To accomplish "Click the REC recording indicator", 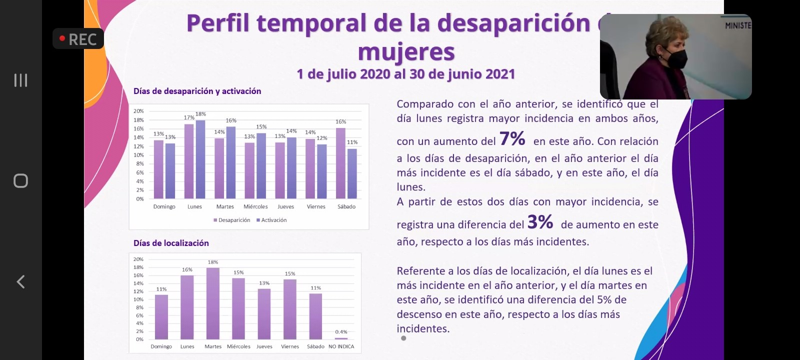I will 78,39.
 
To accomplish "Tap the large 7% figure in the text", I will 512,138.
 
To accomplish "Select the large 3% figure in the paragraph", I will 540,221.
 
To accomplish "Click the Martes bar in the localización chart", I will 213,304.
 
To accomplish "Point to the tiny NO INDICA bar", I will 341,338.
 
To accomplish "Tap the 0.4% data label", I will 341,332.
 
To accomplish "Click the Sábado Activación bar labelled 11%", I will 352,174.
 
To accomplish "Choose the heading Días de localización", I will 171,243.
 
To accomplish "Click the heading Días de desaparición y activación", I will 197,91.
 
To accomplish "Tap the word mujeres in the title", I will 406,52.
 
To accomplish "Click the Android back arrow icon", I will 20,282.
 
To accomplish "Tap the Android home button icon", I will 20,180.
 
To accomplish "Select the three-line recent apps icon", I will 20,80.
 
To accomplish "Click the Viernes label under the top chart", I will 316,206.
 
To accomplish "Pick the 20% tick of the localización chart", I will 138,259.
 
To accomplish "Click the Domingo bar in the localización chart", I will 161,317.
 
